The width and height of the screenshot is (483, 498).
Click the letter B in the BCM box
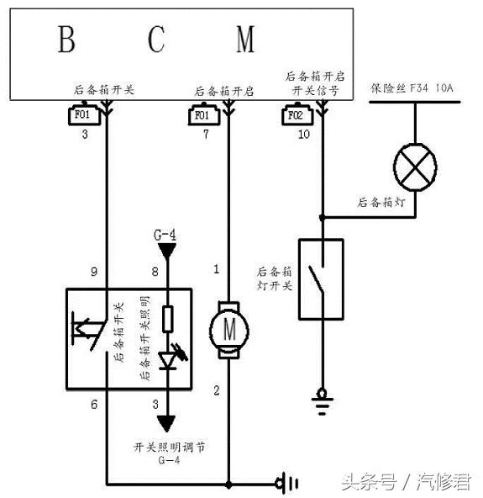click(66, 39)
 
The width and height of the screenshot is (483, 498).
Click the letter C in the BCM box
click(156, 39)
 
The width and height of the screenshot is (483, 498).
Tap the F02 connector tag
click(297, 114)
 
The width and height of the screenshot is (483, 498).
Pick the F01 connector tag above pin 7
click(204, 114)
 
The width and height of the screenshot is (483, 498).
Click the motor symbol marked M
click(228, 331)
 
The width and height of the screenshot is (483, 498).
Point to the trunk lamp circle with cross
click(415, 167)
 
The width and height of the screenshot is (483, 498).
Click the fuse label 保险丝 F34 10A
click(412, 88)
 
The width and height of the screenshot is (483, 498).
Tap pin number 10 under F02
click(303, 134)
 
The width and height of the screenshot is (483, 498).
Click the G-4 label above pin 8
click(165, 236)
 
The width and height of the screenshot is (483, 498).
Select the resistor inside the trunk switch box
click(167, 319)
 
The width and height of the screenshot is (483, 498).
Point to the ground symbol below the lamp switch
click(323, 402)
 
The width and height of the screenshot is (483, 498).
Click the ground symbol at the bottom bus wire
click(287, 484)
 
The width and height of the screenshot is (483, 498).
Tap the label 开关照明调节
click(169, 448)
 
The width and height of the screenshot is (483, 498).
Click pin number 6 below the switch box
click(94, 405)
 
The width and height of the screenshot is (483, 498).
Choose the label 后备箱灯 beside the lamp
click(381, 202)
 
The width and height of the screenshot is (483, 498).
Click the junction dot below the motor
click(228, 485)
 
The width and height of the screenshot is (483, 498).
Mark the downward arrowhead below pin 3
click(166, 424)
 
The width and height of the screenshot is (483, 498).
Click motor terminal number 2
click(217, 390)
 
